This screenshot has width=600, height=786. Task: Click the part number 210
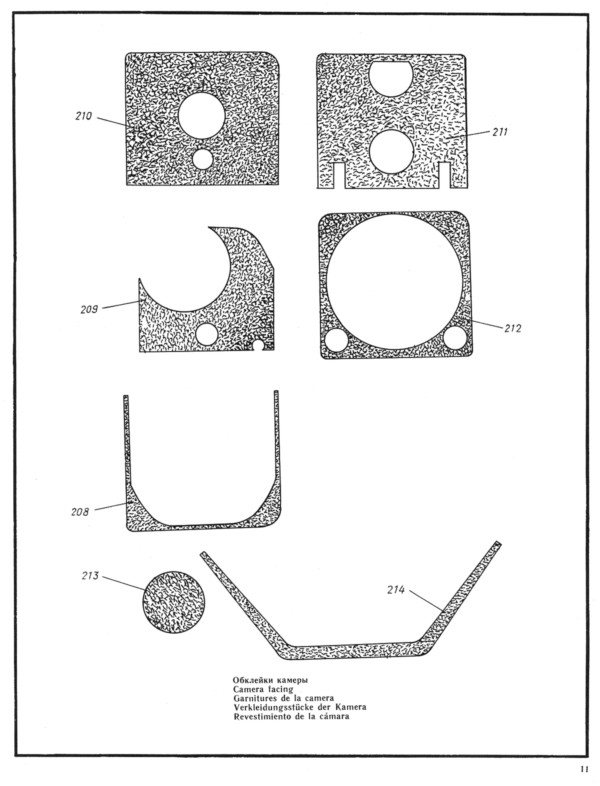pos(83,116)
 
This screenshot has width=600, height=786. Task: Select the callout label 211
pos(500,132)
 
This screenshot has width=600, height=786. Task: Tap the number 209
pos(89,309)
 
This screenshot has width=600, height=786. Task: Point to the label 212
pos(513,328)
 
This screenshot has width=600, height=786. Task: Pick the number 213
pos(90,576)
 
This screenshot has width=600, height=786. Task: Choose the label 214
pos(396,590)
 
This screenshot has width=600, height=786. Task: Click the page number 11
pos(584,769)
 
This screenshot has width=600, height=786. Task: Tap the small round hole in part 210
pos(202,159)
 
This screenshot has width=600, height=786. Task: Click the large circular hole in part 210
pos(201,116)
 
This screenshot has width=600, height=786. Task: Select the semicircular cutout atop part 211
pos(391,77)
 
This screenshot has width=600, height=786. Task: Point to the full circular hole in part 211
pos(391,152)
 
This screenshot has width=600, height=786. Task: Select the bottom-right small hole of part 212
pos(455,337)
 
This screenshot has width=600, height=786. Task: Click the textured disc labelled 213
pos(174,602)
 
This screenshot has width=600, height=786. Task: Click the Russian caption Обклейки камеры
pos(270,680)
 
